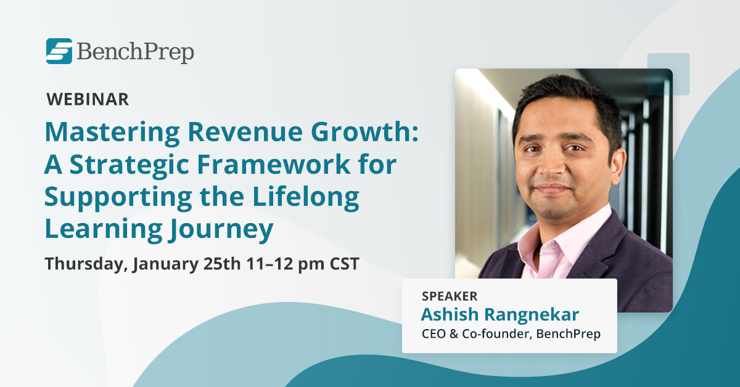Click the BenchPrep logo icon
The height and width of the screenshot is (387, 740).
[59, 51]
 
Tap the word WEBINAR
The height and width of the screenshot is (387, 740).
[88, 99]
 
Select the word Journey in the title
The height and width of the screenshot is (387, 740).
[218, 231]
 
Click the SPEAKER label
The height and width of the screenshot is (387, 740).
[450, 296]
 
